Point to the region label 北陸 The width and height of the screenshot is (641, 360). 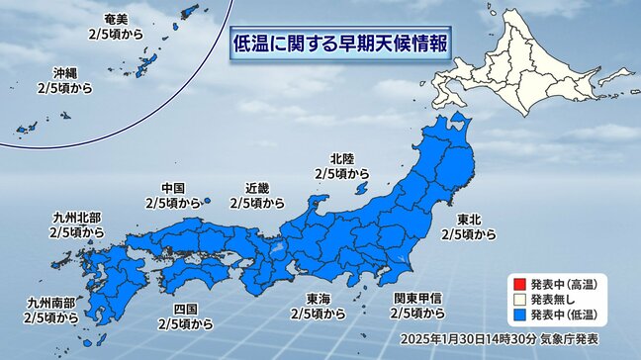point(342,157)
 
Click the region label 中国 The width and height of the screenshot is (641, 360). point(172,188)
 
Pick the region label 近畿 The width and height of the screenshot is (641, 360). point(256,188)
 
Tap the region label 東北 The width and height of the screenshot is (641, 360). point(469,219)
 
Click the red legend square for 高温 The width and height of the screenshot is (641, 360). point(516,280)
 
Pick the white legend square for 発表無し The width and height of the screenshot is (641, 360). point(516,299)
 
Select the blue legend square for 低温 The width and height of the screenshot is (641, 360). point(516,316)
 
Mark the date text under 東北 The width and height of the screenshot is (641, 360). point(469,234)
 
